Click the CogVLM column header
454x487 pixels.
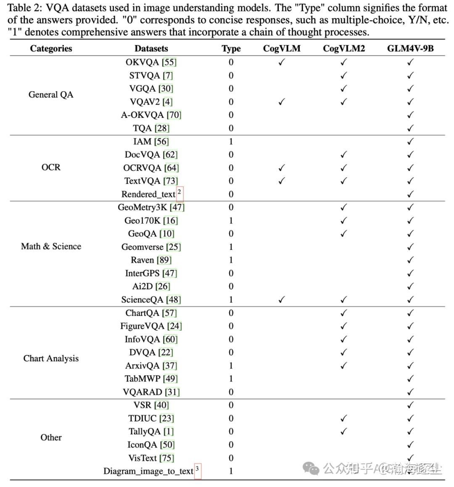click(x=282, y=48)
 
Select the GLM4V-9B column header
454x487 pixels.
click(x=410, y=48)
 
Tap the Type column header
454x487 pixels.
click(x=231, y=48)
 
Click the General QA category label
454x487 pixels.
click(x=51, y=95)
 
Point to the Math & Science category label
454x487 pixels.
click(x=51, y=246)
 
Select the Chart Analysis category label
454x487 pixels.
click(x=51, y=358)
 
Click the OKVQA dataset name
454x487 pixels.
click(x=143, y=62)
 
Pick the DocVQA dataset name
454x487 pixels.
click(x=143, y=154)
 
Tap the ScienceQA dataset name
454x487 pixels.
click(x=143, y=299)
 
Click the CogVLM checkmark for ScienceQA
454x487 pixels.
click(x=282, y=299)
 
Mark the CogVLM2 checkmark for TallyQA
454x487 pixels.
click(x=343, y=431)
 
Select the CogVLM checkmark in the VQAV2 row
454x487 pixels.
click(x=282, y=101)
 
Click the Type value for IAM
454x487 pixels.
click(x=231, y=141)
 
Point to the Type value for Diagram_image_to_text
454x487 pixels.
click(x=231, y=471)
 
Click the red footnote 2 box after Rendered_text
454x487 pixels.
click(x=179, y=193)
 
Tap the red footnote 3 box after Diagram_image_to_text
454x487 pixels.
click(x=198, y=471)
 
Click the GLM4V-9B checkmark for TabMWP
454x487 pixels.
click(x=410, y=378)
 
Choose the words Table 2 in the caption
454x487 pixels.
click(x=25, y=8)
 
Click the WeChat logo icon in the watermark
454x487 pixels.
click(x=312, y=468)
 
